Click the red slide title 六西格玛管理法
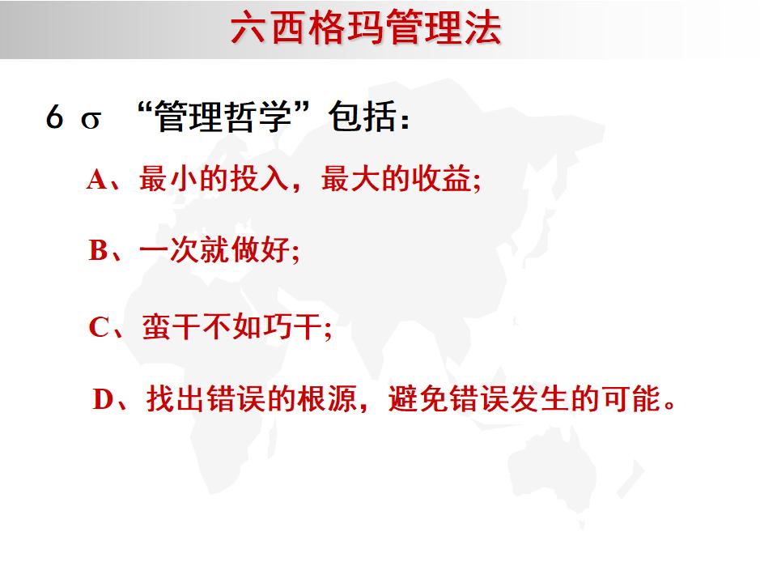(366, 30)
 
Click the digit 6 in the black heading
(54, 118)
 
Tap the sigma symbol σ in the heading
(91, 120)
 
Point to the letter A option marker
(97, 180)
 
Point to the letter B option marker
(98, 251)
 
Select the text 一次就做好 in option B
(214, 251)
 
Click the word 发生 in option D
(534, 399)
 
